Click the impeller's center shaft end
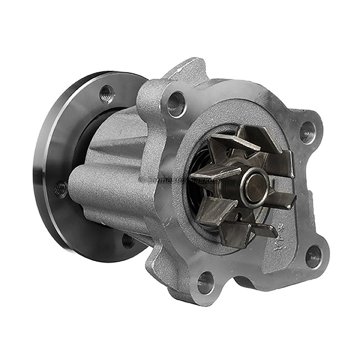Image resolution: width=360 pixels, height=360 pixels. click(256, 186)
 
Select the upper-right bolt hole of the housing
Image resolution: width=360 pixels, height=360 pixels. click(307, 132)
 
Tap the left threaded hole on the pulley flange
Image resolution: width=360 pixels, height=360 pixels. click(61, 188)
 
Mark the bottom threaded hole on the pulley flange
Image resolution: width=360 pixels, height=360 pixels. click(128, 241)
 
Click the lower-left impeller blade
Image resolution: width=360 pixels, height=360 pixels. click(217, 211)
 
